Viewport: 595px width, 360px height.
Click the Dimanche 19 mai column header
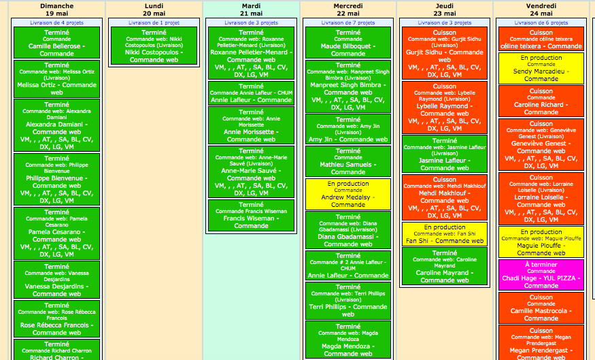coord(57,10)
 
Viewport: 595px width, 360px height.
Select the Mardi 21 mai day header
coord(251,10)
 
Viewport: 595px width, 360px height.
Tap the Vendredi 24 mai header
coord(541,10)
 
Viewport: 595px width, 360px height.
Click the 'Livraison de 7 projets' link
coord(348,22)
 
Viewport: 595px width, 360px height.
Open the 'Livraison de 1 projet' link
coord(154,22)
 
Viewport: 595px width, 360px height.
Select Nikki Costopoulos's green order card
coord(154,46)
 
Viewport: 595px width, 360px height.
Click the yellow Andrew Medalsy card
coord(348,194)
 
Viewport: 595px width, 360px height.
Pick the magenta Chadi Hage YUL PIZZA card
coord(541,275)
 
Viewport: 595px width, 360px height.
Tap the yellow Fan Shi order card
coord(445,234)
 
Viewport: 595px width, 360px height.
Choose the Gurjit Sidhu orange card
coord(445,53)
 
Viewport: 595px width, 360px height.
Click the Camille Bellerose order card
coord(57,42)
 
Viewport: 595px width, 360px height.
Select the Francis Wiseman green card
coord(251,215)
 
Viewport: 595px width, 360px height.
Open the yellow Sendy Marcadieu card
coord(541,68)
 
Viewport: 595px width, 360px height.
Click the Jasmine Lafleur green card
coord(445,154)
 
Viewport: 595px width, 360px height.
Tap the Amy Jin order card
coord(348,129)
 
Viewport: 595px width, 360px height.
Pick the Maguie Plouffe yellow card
coord(541,242)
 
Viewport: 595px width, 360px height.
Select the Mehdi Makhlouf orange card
coord(445,197)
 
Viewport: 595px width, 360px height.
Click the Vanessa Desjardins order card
coord(57,280)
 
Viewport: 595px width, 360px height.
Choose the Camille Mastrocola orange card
coord(541,308)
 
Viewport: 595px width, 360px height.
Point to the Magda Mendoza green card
coord(348,340)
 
